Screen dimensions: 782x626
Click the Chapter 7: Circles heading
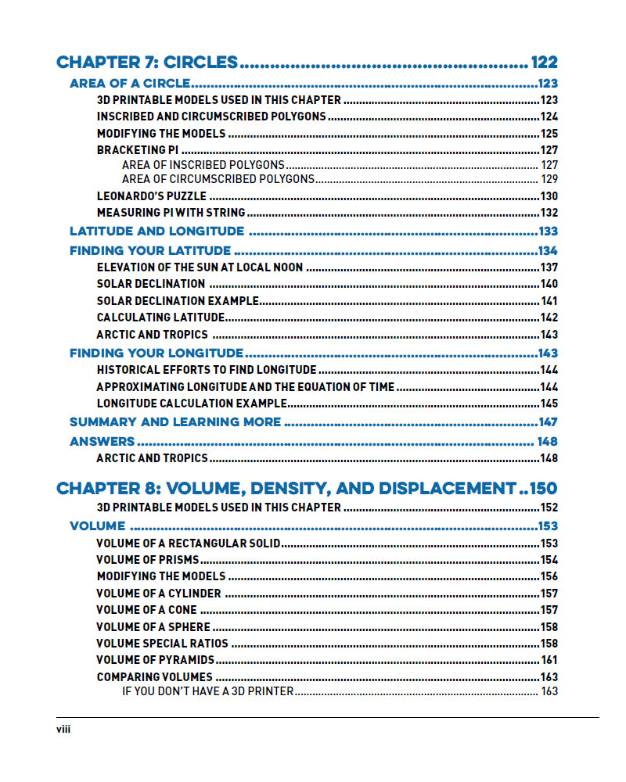click(x=147, y=63)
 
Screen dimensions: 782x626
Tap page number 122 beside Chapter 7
click(x=544, y=63)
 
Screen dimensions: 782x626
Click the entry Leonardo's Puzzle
click(x=152, y=196)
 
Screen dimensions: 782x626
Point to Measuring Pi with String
click(x=171, y=213)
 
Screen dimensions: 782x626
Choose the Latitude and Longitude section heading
click(x=156, y=231)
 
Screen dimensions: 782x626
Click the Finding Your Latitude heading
click(x=150, y=251)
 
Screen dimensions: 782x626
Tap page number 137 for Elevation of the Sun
click(x=549, y=267)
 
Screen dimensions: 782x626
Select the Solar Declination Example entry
click(x=178, y=301)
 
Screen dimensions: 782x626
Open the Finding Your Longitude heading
click(x=156, y=353)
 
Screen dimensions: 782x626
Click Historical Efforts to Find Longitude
click(x=207, y=370)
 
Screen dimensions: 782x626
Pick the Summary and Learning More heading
click(x=175, y=422)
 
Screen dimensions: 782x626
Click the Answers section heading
click(x=103, y=442)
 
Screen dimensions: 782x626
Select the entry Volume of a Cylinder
click(x=159, y=594)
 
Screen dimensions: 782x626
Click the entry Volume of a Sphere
click(x=153, y=627)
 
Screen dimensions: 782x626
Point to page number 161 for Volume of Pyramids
click(x=549, y=660)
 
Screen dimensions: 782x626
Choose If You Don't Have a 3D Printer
click(x=208, y=691)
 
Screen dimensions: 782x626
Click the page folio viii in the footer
click(x=63, y=730)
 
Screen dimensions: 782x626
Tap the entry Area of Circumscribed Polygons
click(x=218, y=179)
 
